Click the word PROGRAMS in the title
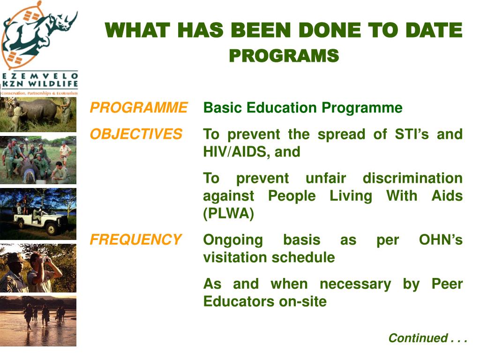[x=284, y=56]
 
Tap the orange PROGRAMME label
[x=139, y=108]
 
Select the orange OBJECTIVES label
[x=136, y=134]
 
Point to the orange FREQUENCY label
[x=135, y=240]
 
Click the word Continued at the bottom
[x=418, y=338]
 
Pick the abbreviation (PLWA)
[x=229, y=213]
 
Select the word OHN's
[x=441, y=240]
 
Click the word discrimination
[x=412, y=178]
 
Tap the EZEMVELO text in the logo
[x=40, y=76]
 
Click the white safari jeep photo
[x=38, y=214]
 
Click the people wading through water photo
[x=38, y=321]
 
